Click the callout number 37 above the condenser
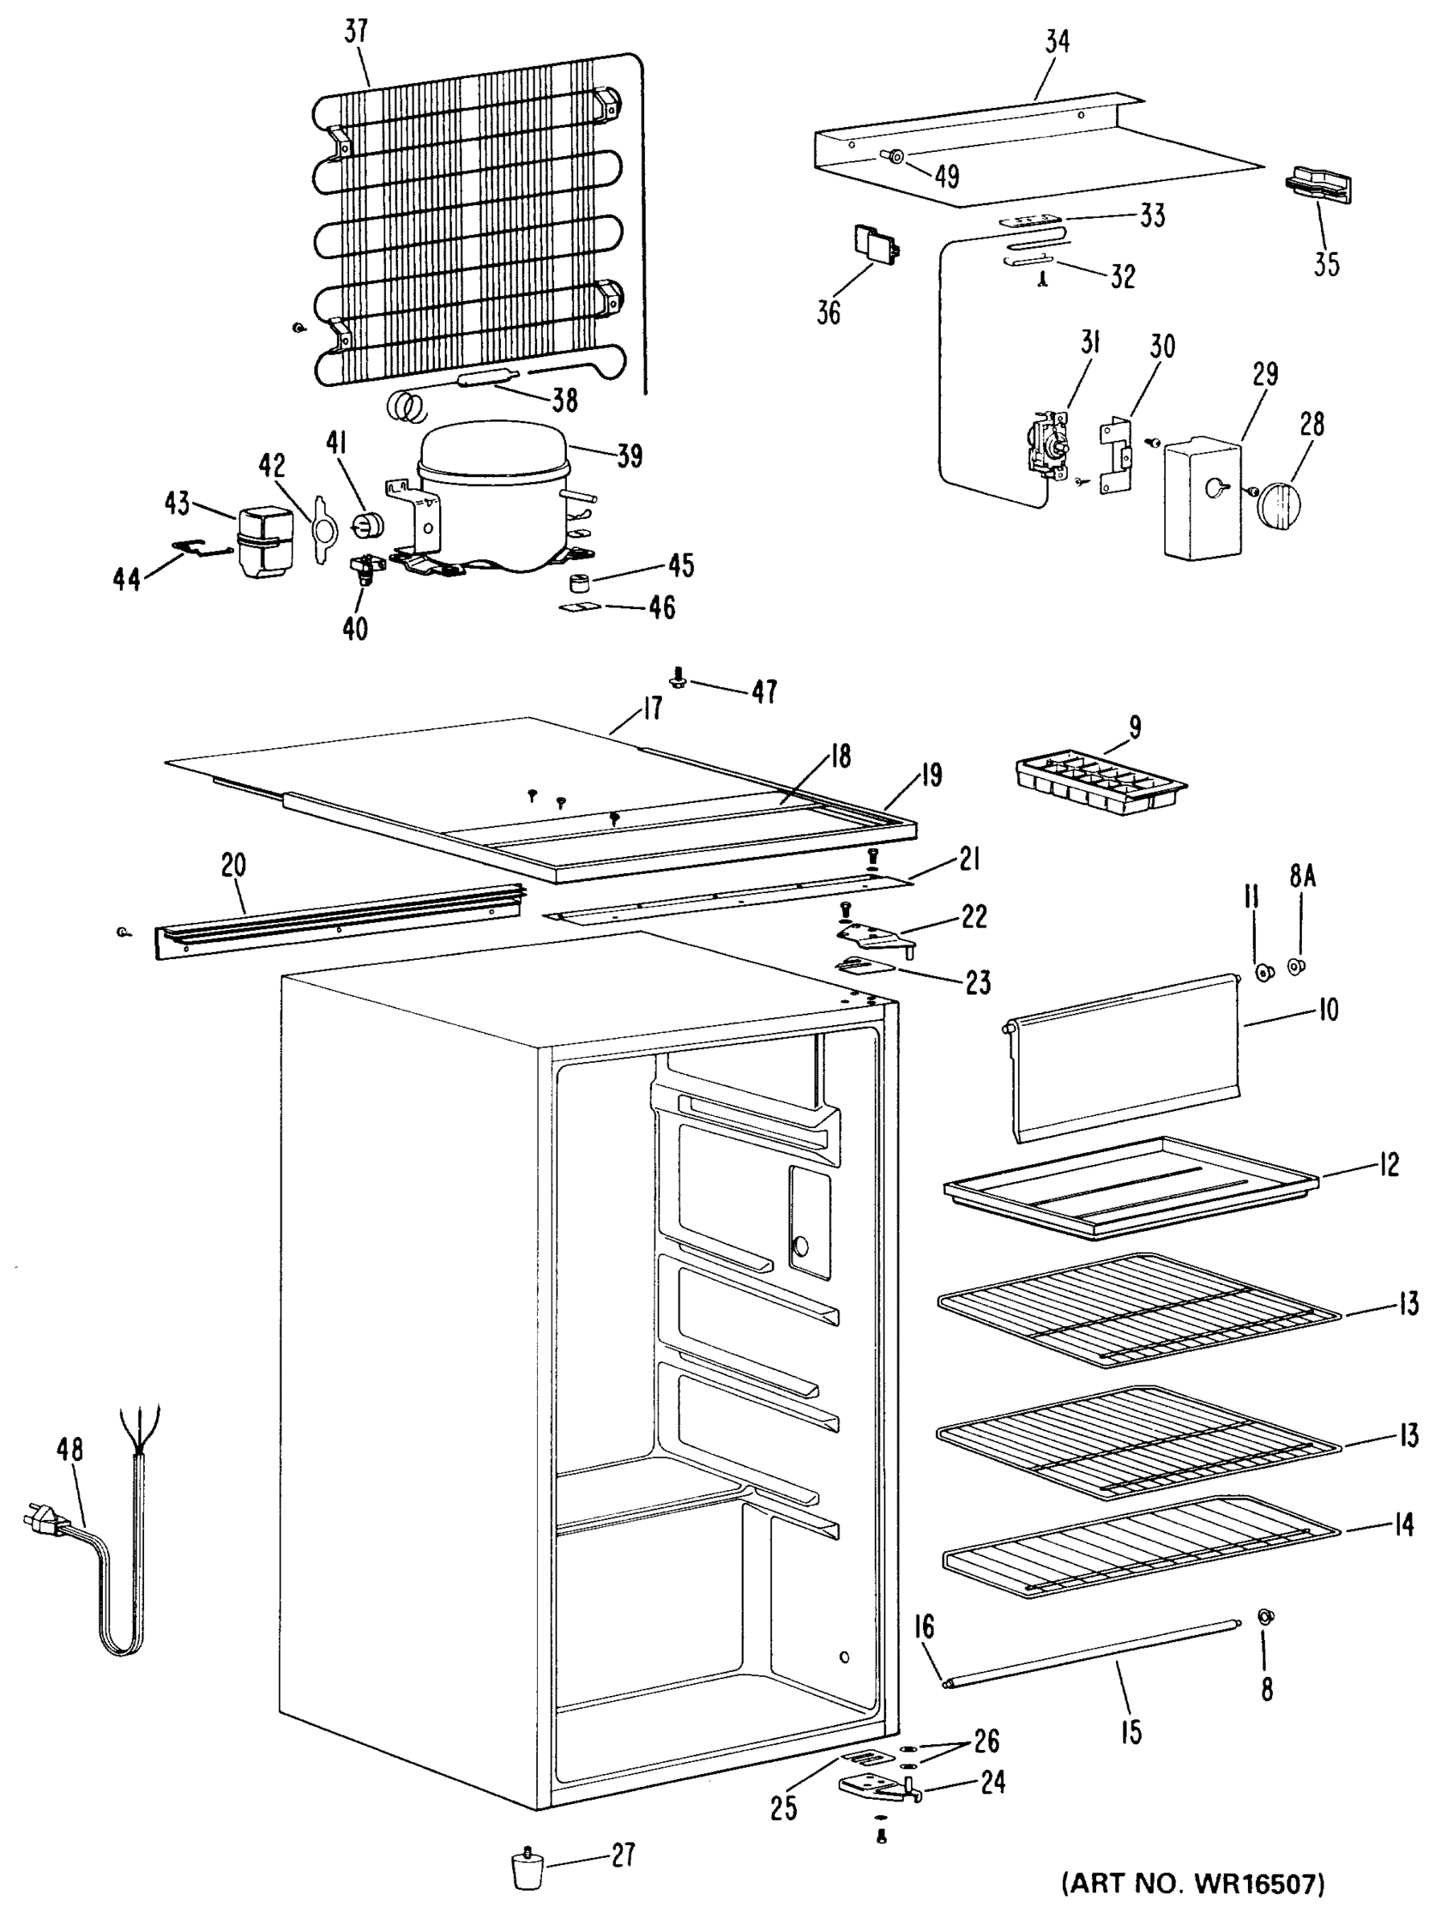click(x=356, y=32)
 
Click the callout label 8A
click(x=1301, y=875)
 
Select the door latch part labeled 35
click(x=1317, y=185)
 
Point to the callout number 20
click(x=233, y=865)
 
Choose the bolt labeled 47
click(x=677, y=677)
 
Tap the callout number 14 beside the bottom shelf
click(x=1402, y=1523)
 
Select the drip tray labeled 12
click(x=1131, y=1188)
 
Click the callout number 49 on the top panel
click(x=947, y=176)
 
